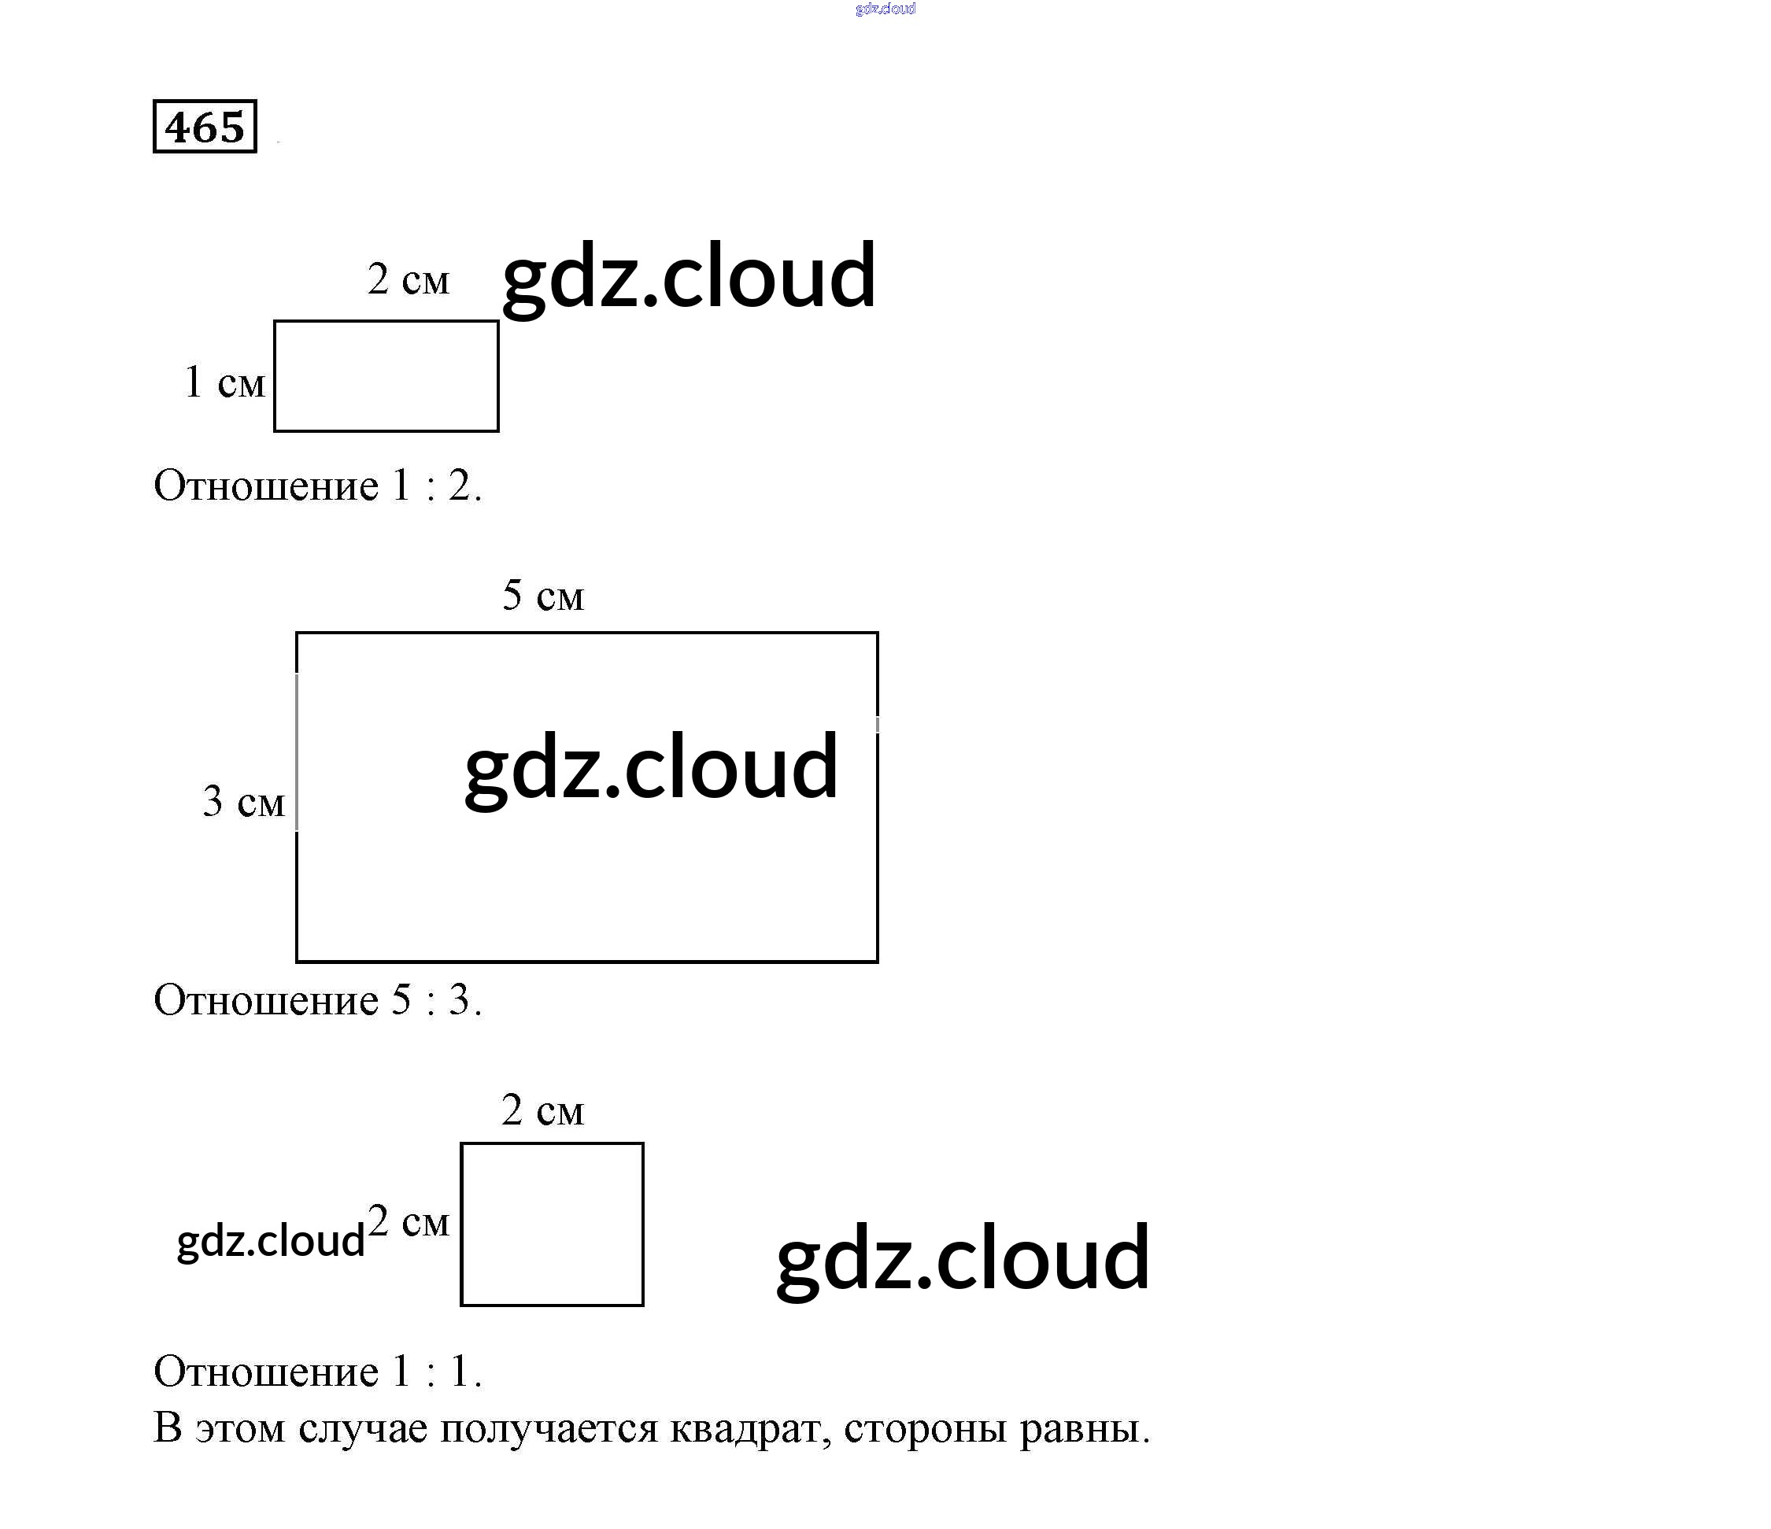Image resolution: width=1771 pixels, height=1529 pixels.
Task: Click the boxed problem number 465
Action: point(205,127)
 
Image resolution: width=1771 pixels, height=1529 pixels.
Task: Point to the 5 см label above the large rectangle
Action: point(543,595)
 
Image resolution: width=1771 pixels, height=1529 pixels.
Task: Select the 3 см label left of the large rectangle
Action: point(242,802)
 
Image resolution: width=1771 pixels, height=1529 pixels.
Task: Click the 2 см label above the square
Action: point(543,1110)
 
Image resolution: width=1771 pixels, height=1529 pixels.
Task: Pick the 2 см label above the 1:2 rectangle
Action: point(408,279)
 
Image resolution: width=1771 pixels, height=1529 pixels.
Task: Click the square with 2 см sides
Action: point(552,1224)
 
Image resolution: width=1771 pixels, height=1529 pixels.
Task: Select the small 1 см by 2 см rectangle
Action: point(386,376)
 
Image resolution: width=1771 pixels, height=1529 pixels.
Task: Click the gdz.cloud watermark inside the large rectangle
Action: point(650,767)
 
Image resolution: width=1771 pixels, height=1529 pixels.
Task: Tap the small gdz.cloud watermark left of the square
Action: point(270,1241)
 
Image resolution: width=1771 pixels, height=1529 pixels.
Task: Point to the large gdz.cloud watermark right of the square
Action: point(963,1258)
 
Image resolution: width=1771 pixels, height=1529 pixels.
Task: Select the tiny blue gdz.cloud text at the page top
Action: point(885,9)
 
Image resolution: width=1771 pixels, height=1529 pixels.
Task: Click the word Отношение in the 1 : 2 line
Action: point(266,486)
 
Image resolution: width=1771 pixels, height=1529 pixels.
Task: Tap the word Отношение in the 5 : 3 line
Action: point(266,1000)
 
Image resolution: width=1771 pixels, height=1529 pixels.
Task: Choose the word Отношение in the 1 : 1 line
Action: point(266,1372)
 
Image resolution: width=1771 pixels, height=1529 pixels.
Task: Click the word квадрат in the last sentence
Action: point(749,1428)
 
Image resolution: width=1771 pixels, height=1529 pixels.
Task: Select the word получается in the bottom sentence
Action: point(549,1428)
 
